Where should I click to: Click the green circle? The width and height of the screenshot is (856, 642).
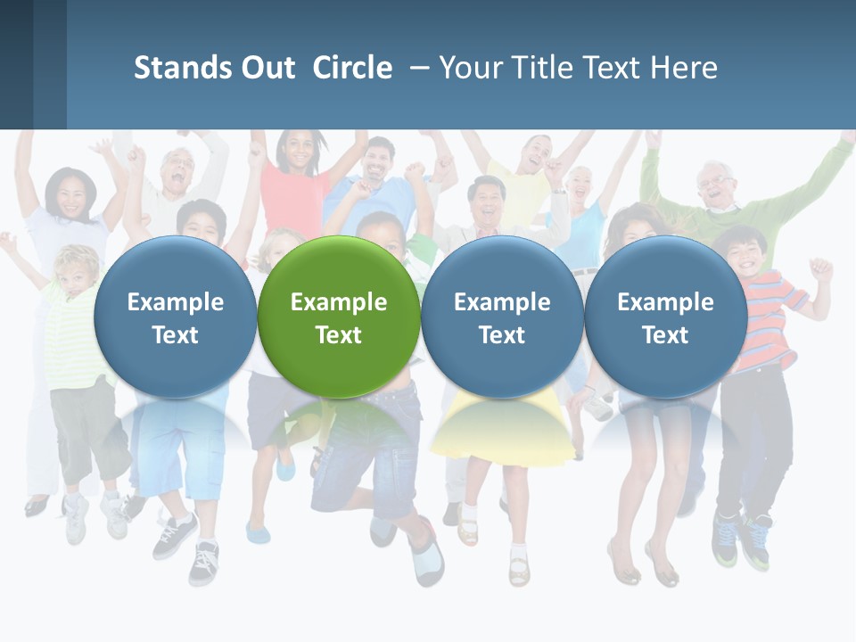point(339,317)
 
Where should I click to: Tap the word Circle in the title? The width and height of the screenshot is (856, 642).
point(352,68)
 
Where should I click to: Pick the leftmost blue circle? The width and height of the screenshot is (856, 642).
point(175,317)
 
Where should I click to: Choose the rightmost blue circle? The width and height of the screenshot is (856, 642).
point(665,317)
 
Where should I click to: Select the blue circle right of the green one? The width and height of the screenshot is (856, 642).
point(502,317)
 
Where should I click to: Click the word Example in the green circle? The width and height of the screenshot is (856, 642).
point(339,302)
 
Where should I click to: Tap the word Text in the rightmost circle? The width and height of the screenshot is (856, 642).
point(665,334)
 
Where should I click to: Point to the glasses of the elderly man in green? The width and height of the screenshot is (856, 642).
point(715,182)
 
